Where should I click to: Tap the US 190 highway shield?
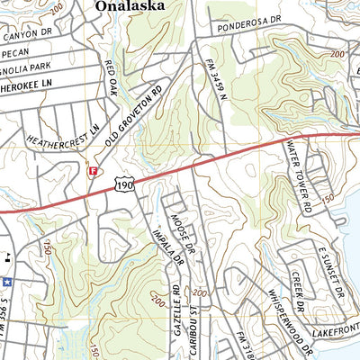point(124,183)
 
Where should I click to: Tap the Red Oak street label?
point(111,78)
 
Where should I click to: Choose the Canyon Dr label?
point(22,37)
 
